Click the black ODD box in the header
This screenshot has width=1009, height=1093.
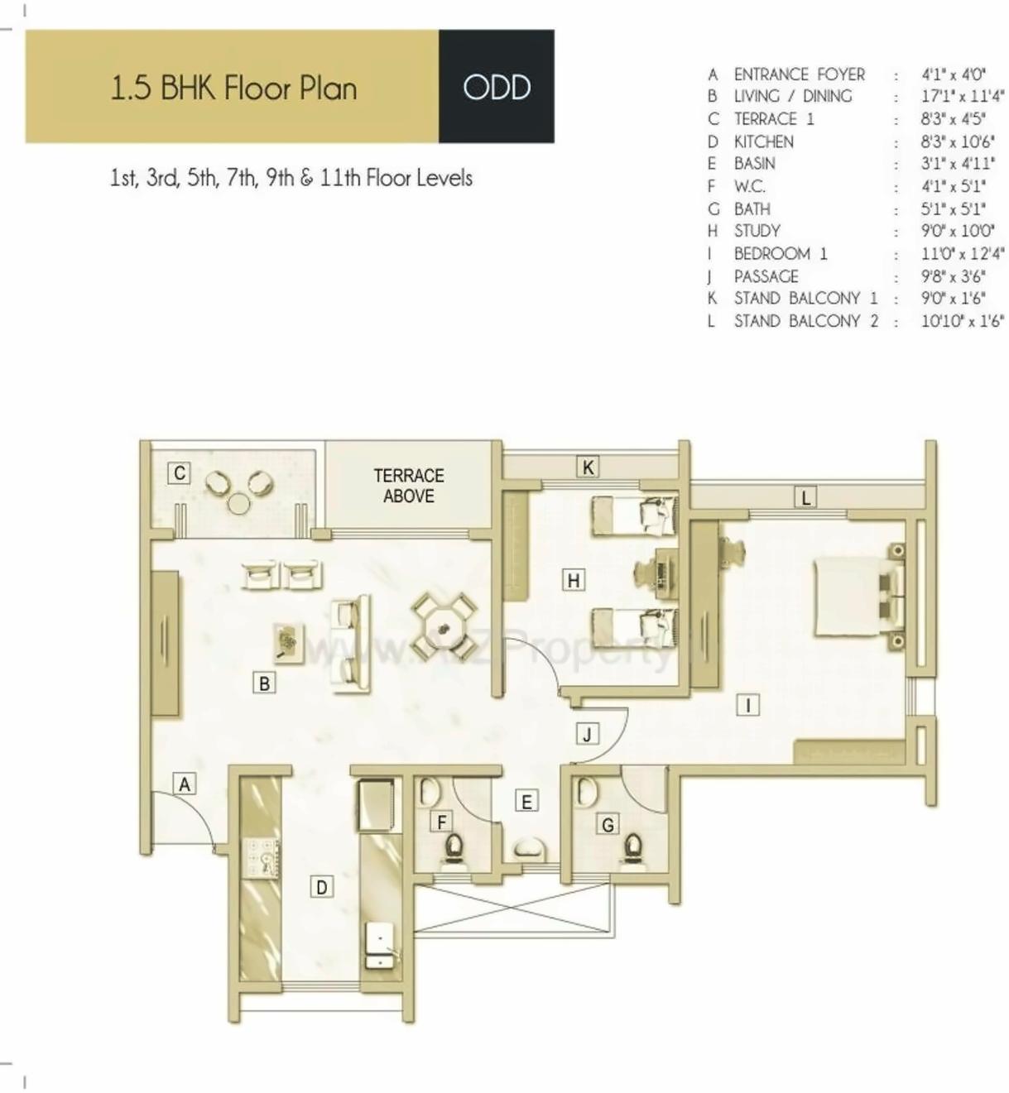click(496, 87)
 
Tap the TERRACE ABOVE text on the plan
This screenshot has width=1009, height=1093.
click(409, 486)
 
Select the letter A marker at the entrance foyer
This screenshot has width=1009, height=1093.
click(185, 784)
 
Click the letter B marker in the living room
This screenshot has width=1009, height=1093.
click(264, 683)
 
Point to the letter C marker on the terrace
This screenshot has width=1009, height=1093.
click(179, 473)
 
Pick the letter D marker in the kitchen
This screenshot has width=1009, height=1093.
click(321, 887)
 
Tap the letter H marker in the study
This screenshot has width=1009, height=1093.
click(573, 580)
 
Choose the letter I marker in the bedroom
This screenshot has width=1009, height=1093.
click(747, 705)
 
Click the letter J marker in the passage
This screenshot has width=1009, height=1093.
click(587, 734)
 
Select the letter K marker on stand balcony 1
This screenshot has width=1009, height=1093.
click(588, 467)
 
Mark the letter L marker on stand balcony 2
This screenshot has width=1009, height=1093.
click(805, 497)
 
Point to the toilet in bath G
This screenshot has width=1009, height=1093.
click(633, 848)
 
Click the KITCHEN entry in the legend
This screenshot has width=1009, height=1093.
click(763, 141)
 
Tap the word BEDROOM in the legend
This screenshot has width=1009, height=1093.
click(771, 254)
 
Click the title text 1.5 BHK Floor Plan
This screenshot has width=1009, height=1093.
click(233, 88)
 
